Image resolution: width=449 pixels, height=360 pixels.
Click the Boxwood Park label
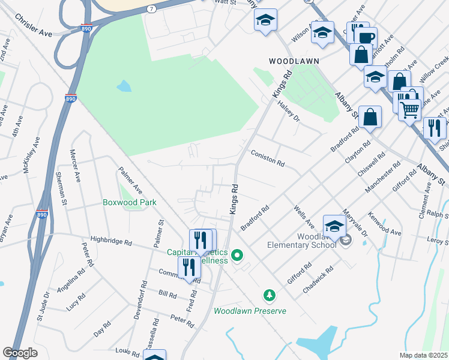pos(130,202)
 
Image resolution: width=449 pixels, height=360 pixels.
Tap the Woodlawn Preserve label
pos(250,311)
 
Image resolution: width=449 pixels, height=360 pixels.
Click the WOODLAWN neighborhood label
pos(294,61)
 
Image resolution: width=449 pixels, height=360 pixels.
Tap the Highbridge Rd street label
pos(111,241)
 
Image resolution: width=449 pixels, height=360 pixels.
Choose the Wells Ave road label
pos(304,217)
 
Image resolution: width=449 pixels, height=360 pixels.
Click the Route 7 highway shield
pos(151,9)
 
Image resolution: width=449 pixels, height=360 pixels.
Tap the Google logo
pos(20,353)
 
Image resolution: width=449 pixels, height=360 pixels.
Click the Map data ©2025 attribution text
pos(423,355)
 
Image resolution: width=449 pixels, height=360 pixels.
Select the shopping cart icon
pos(410,109)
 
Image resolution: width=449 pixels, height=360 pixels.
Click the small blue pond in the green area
pos(124,86)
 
